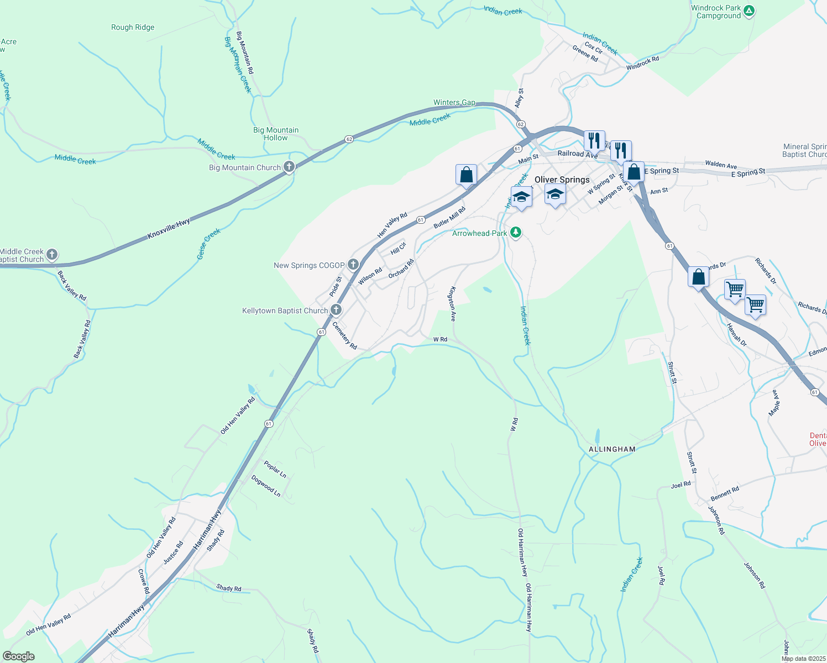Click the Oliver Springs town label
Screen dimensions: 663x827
pos(562,180)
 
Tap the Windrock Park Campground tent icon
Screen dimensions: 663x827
pos(749,10)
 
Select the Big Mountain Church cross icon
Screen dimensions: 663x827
pos(289,166)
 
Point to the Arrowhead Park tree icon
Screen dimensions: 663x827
pos(516,232)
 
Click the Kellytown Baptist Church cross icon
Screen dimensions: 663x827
pos(336,310)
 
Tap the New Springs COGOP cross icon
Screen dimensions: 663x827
pos(353,265)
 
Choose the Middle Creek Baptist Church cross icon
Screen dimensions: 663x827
pos(52,255)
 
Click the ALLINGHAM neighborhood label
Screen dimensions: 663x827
pos(612,449)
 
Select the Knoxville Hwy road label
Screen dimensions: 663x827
pos(169,229)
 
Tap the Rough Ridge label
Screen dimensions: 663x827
pos(133,27)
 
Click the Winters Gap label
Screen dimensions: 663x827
pos(454,103)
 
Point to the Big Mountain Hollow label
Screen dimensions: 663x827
pos(276,134)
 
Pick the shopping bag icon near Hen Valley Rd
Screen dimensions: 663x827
pos(466,175)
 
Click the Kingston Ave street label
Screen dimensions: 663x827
pos(452,303)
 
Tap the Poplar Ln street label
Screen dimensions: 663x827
pos(275,469)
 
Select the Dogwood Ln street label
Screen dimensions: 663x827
pos(266,486)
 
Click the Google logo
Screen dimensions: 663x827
pos(19,656)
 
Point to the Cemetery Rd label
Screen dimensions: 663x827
pos(344,335)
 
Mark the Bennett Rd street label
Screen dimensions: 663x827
pos(725,494)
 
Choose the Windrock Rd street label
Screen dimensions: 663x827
pos(642,63)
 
